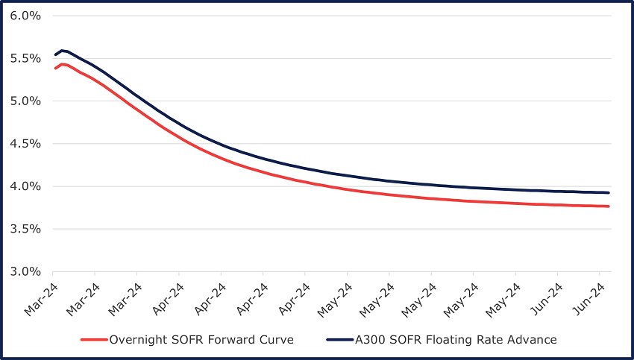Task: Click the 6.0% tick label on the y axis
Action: [25, 16]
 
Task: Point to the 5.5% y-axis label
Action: [25, 58]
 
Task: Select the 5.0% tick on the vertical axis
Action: [25, 101]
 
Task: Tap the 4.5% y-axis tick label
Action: [25, 144]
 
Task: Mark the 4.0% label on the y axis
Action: [25, 186]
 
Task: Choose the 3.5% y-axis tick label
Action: [25, 229]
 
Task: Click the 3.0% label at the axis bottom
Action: [25, 271]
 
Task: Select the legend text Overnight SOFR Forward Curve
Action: [201, 340]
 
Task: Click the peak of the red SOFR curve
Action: [63, 64]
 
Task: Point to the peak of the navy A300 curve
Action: [63, 51]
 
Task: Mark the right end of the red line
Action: [609, 206]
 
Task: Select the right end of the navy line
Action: [609, 193]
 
